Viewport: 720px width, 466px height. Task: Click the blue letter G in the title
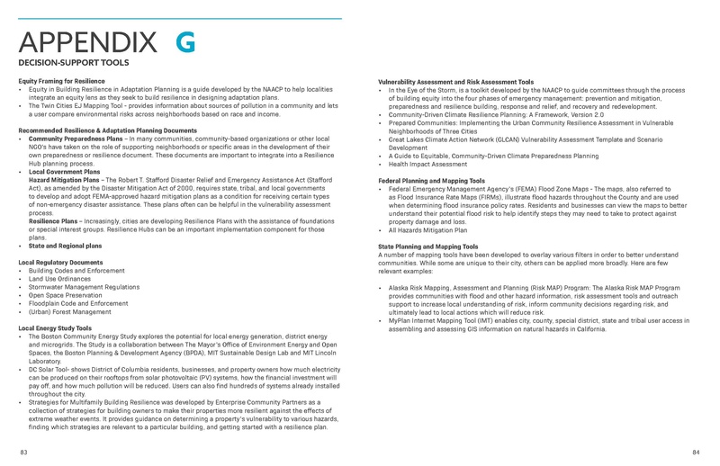pos(184,42)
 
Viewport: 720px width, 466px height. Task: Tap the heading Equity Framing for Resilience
pos(61,82)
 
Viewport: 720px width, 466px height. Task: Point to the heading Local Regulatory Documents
pos(60,262)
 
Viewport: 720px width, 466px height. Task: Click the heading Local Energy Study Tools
pos(55,328)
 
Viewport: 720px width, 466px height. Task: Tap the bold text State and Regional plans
pos(65,246)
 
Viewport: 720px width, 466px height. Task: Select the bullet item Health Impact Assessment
pos(427,164)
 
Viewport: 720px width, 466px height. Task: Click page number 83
pos(22,451)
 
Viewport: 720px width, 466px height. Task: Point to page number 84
pos(697,451)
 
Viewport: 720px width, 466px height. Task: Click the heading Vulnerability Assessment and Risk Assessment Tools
pos(456,82)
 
